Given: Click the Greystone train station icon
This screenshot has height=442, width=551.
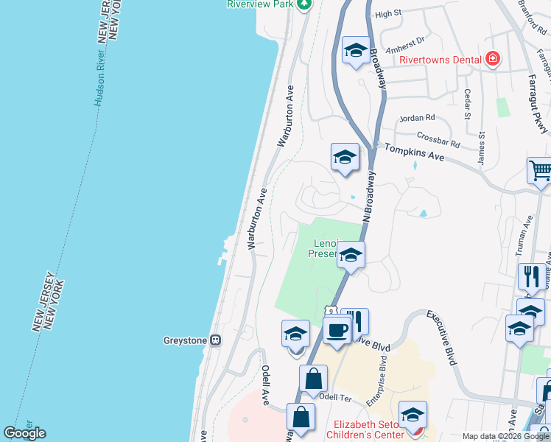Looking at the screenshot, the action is click(216, 340).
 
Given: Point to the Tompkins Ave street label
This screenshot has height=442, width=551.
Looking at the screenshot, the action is click(413, 152).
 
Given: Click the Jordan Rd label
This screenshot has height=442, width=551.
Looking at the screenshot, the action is click(417, 118).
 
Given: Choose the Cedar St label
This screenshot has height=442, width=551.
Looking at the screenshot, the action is click(467, 104).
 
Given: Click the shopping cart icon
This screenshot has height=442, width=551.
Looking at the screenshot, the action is click(540, 170).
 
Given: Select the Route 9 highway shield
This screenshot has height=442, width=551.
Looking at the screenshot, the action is click(331, 312).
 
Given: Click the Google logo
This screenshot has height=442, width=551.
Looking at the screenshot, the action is click(24, 433).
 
